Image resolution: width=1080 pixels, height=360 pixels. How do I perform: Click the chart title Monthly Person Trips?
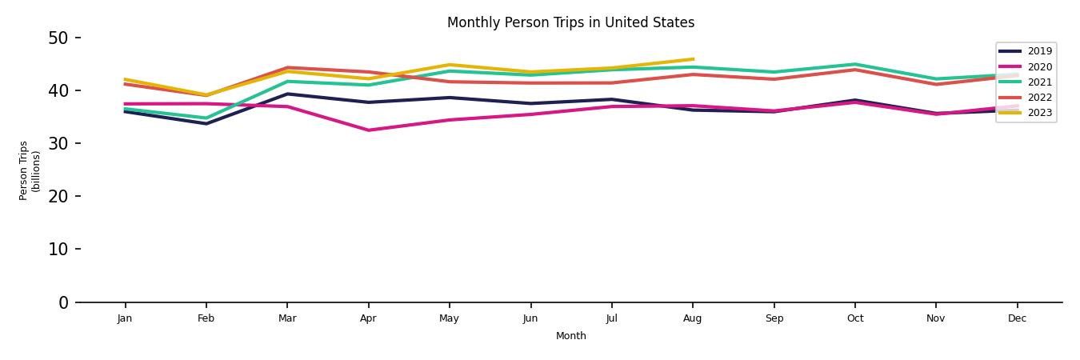point(570,22)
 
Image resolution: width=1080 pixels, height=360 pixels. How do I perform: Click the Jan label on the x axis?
point(125,318)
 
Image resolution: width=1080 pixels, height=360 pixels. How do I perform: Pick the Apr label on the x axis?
point(368,318)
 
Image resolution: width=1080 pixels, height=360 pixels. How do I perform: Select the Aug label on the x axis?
point(693,318)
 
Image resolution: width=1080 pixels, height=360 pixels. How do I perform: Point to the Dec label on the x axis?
point(1017,318)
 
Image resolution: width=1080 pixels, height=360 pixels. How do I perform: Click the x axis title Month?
point(571,336)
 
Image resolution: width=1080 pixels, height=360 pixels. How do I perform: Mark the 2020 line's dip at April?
point(368,130)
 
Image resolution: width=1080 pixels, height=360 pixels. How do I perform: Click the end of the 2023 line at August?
point(693,59)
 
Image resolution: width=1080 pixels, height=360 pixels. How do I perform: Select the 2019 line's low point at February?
point(206,123)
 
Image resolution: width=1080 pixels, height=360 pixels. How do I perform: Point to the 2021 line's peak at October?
point(855,64)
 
